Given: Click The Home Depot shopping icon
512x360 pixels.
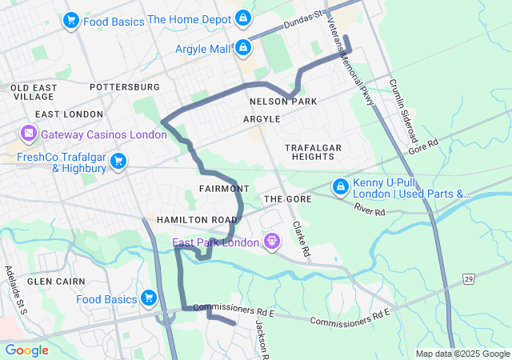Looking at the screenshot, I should [244, 18].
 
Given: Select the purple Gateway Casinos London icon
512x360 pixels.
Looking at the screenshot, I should [29, 132].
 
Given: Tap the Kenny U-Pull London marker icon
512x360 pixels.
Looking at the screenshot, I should [340, 186].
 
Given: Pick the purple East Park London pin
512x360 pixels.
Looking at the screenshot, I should [272, 240].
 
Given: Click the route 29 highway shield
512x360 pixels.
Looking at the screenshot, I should [467, 278].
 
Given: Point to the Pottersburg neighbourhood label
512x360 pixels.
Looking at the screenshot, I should [125, 86].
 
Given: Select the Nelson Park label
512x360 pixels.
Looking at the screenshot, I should [283, 102].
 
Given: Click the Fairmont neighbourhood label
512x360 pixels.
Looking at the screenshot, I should [220, 188].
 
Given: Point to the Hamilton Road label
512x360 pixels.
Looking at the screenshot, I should [197, 219].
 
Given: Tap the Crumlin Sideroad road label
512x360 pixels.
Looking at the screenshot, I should [404, 110].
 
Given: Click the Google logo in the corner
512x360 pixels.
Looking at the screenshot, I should [26, 350].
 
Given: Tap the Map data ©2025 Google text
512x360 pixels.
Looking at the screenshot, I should [462, 354].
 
